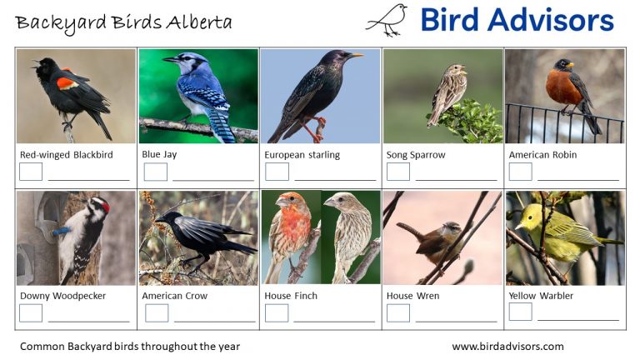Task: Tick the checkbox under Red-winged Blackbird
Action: [31, 172]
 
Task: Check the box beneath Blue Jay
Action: [155, 172]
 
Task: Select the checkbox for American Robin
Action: [520, 172]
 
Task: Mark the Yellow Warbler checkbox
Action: [520, 312]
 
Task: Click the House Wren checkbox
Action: [398, 312]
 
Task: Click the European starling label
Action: [302, 155]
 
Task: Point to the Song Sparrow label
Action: [416, 155]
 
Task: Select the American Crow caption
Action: [174, 296]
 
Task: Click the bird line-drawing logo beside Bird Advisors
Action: [387, 20]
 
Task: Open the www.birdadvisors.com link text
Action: [507, 347]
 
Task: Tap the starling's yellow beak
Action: [356, 57]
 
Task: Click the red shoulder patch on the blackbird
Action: [66, 82]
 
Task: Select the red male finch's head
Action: [288, 202]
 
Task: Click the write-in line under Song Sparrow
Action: [456, 179]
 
